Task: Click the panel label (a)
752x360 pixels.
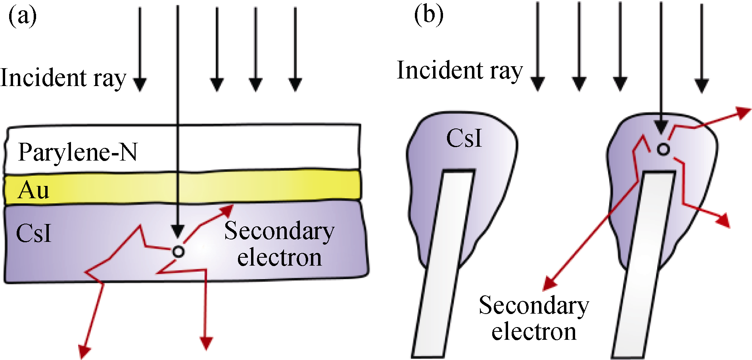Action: (x=23, y=17)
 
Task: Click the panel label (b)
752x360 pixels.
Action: (x=428, y=15)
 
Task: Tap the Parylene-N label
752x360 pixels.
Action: (x=78, y=152)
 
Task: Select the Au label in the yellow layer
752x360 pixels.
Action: (x=34, y=190)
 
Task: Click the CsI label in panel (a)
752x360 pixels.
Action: (x=34, y=233)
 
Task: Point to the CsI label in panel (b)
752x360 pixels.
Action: (x=464, y=138)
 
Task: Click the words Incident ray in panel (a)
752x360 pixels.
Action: (x=63, y=78)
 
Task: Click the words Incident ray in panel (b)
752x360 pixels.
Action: (x=460, y=71)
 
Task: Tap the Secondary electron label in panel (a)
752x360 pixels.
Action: (x=279, y=244)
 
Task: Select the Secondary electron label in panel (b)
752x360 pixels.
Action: (x=534, y=318)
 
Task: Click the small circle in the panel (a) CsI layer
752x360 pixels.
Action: (x=178, y=251)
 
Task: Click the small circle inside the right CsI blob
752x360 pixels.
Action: (x=663, y=149)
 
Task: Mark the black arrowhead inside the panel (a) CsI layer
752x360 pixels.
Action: (x=178, y=231)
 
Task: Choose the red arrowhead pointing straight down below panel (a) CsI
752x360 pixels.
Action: (x=206, y=343)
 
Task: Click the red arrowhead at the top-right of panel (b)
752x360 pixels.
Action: (x=743, y=112)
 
